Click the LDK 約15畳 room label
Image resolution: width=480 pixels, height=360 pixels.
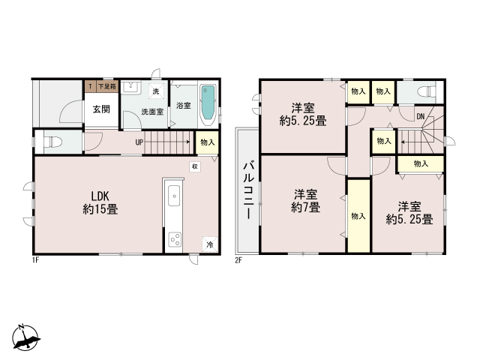[100, 202]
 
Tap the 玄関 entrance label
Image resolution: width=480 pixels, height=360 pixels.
[101, 109]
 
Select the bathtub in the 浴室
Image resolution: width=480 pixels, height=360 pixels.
[208, 105]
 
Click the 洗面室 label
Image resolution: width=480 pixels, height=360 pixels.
[152, 112]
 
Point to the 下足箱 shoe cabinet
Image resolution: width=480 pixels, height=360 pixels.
[106, 87]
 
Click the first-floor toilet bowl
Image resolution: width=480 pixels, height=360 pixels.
[53, 142]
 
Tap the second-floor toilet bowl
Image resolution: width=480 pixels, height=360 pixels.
[427, 91]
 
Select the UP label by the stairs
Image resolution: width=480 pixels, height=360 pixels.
[139, 142]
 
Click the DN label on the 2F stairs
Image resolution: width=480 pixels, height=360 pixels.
[421, 116]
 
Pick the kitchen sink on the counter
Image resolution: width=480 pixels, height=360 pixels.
[173, 196]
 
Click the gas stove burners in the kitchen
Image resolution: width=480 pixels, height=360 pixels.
[175, 239]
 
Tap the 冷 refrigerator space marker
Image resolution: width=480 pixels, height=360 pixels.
[210, 244]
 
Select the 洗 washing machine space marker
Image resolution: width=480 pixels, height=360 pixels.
[156, 91]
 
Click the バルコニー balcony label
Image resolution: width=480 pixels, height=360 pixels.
[248, 190]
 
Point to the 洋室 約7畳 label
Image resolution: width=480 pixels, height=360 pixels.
[305, 201]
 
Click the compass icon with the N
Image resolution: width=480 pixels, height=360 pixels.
[25, 337]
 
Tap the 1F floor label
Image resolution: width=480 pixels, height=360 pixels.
[35, 261]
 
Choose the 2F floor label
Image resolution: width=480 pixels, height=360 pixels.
[238, 261]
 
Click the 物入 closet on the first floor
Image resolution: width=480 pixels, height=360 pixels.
[207, 142]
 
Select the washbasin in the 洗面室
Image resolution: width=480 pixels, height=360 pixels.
[131, 88]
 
